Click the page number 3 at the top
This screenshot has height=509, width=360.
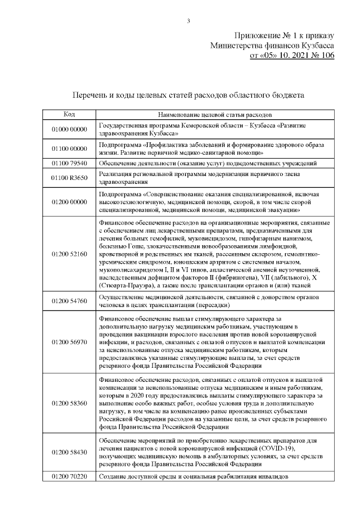pos(188,21)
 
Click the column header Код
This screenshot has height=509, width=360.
pos(69,114)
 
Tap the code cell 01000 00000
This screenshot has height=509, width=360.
pos(69,129)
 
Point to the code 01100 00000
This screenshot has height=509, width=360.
pos(69,148)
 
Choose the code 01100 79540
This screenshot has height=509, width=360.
pos(69,163)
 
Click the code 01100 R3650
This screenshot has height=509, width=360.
pos(69,178)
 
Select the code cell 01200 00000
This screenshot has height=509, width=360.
pos(69,201)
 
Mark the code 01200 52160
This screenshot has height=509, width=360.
pos(69,254)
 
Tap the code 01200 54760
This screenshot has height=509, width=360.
pos(69,301)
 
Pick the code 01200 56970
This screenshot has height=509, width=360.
pos(69,341)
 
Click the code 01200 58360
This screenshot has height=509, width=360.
pos(69,403)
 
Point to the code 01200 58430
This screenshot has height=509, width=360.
pos(69,452)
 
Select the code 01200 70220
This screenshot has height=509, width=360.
pos(69,477)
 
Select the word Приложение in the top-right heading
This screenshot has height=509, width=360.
pos(257,35)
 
